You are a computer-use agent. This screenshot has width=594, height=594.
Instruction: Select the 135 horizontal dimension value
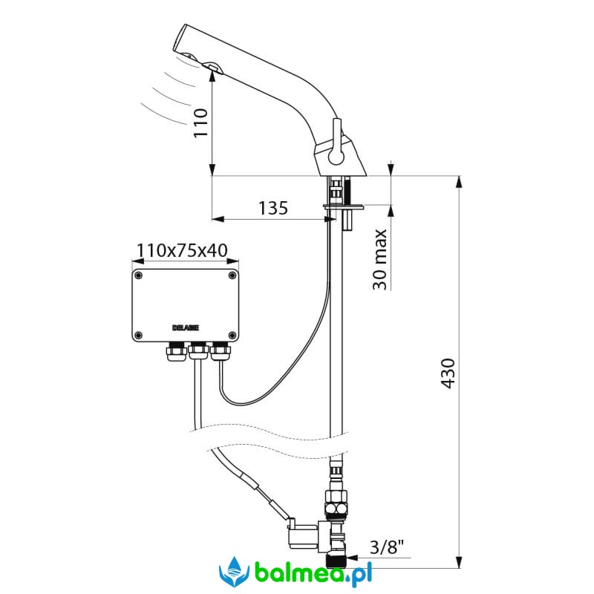tap(273, 209)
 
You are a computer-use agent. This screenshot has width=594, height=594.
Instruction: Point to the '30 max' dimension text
tap(379, 259)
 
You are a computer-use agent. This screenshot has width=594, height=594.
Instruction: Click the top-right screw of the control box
tap(232, 275)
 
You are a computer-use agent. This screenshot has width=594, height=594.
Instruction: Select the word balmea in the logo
tap(293, 574)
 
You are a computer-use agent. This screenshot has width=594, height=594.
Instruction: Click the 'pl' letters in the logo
tap(362, 575)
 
